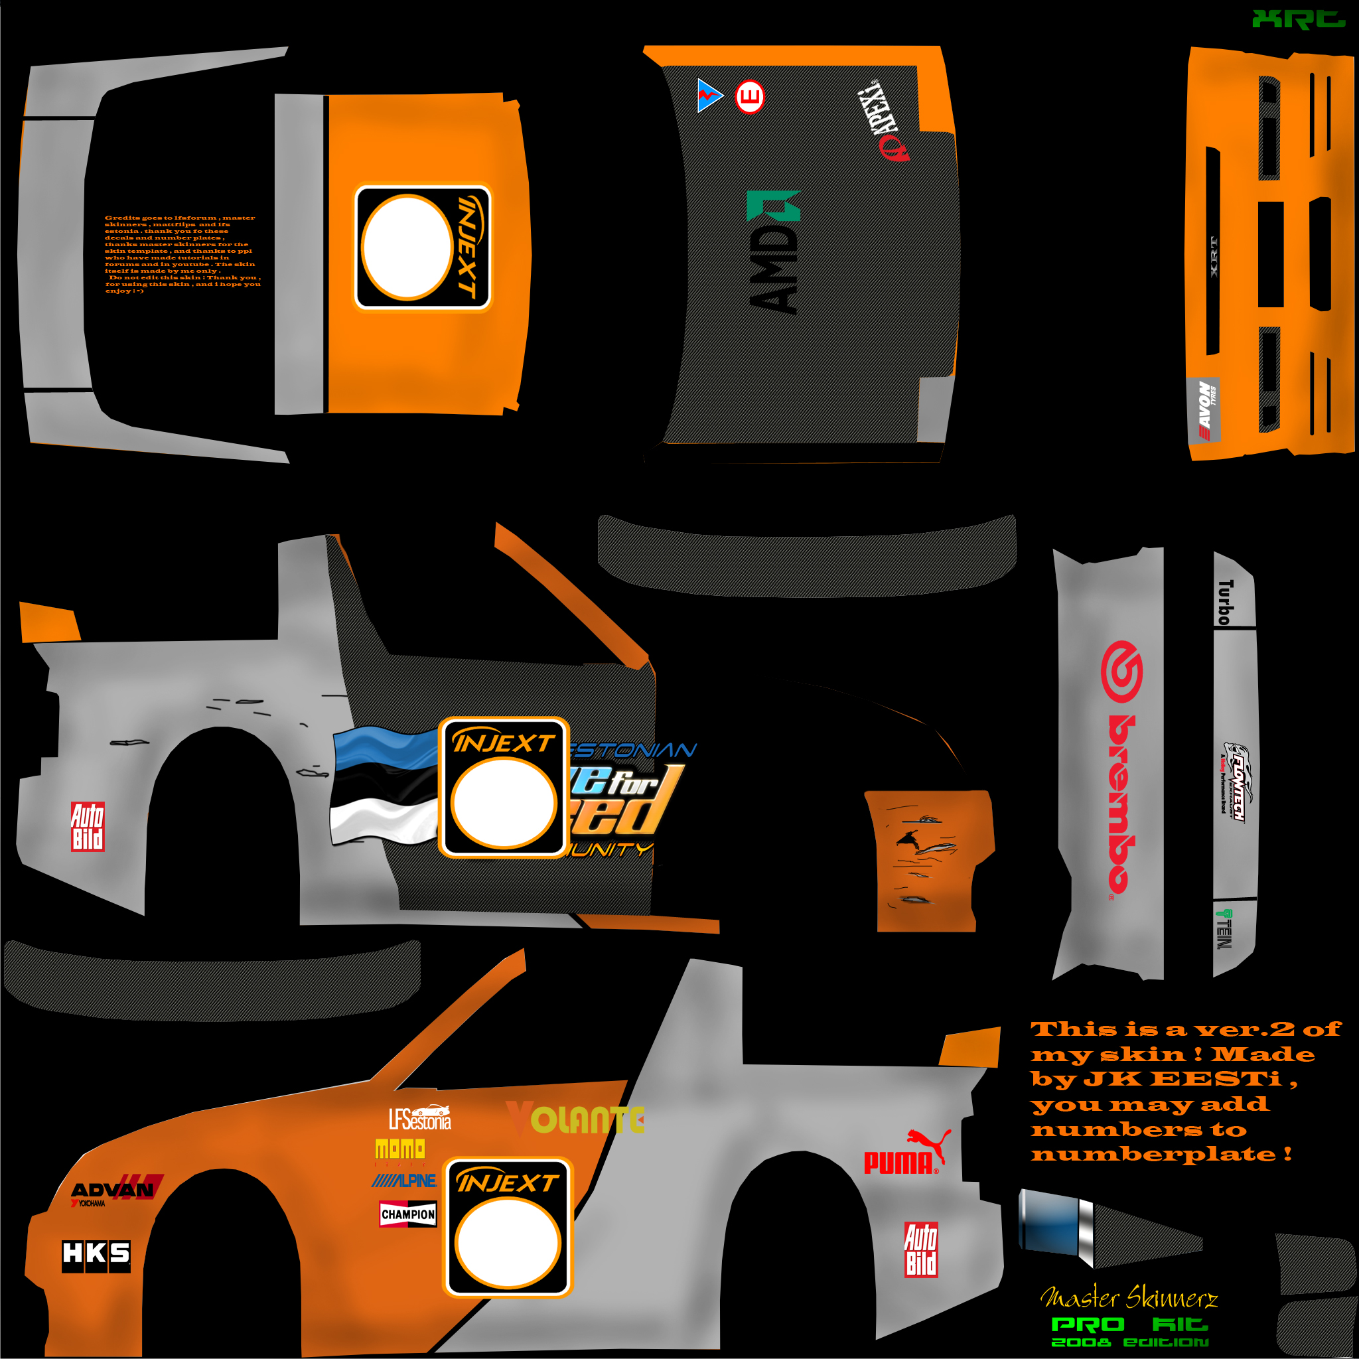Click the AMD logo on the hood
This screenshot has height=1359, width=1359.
(774, 253)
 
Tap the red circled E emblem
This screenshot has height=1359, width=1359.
(749, 96)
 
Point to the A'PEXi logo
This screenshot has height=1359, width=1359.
(883, 119)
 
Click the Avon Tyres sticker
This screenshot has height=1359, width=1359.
(1204, 411)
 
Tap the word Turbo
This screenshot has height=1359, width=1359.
(1226, 602)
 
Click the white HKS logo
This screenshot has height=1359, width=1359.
(96, 1253)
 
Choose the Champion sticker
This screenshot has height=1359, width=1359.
(408, 1214)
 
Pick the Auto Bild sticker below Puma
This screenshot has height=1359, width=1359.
(920, 1250)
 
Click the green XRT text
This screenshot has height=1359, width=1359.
(1298, 19)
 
